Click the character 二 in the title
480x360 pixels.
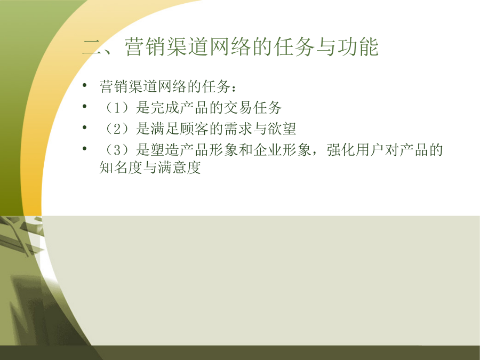pos(92,47)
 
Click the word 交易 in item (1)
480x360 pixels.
pos(238,108)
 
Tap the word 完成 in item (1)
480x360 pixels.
pos(165,108)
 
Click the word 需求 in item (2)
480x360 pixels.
pos(238,129)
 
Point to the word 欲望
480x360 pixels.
pos(282,129)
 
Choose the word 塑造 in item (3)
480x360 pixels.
pos(165,150)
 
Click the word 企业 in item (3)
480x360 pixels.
pos(268,150)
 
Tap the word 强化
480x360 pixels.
pos(341,150)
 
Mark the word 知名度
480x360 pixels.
pos(121,167)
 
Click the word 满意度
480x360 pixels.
pos(179,167)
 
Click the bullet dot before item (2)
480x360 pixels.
pos(84,127)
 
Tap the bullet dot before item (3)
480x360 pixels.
pos(84,148)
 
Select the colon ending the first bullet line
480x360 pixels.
pos(234,89)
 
